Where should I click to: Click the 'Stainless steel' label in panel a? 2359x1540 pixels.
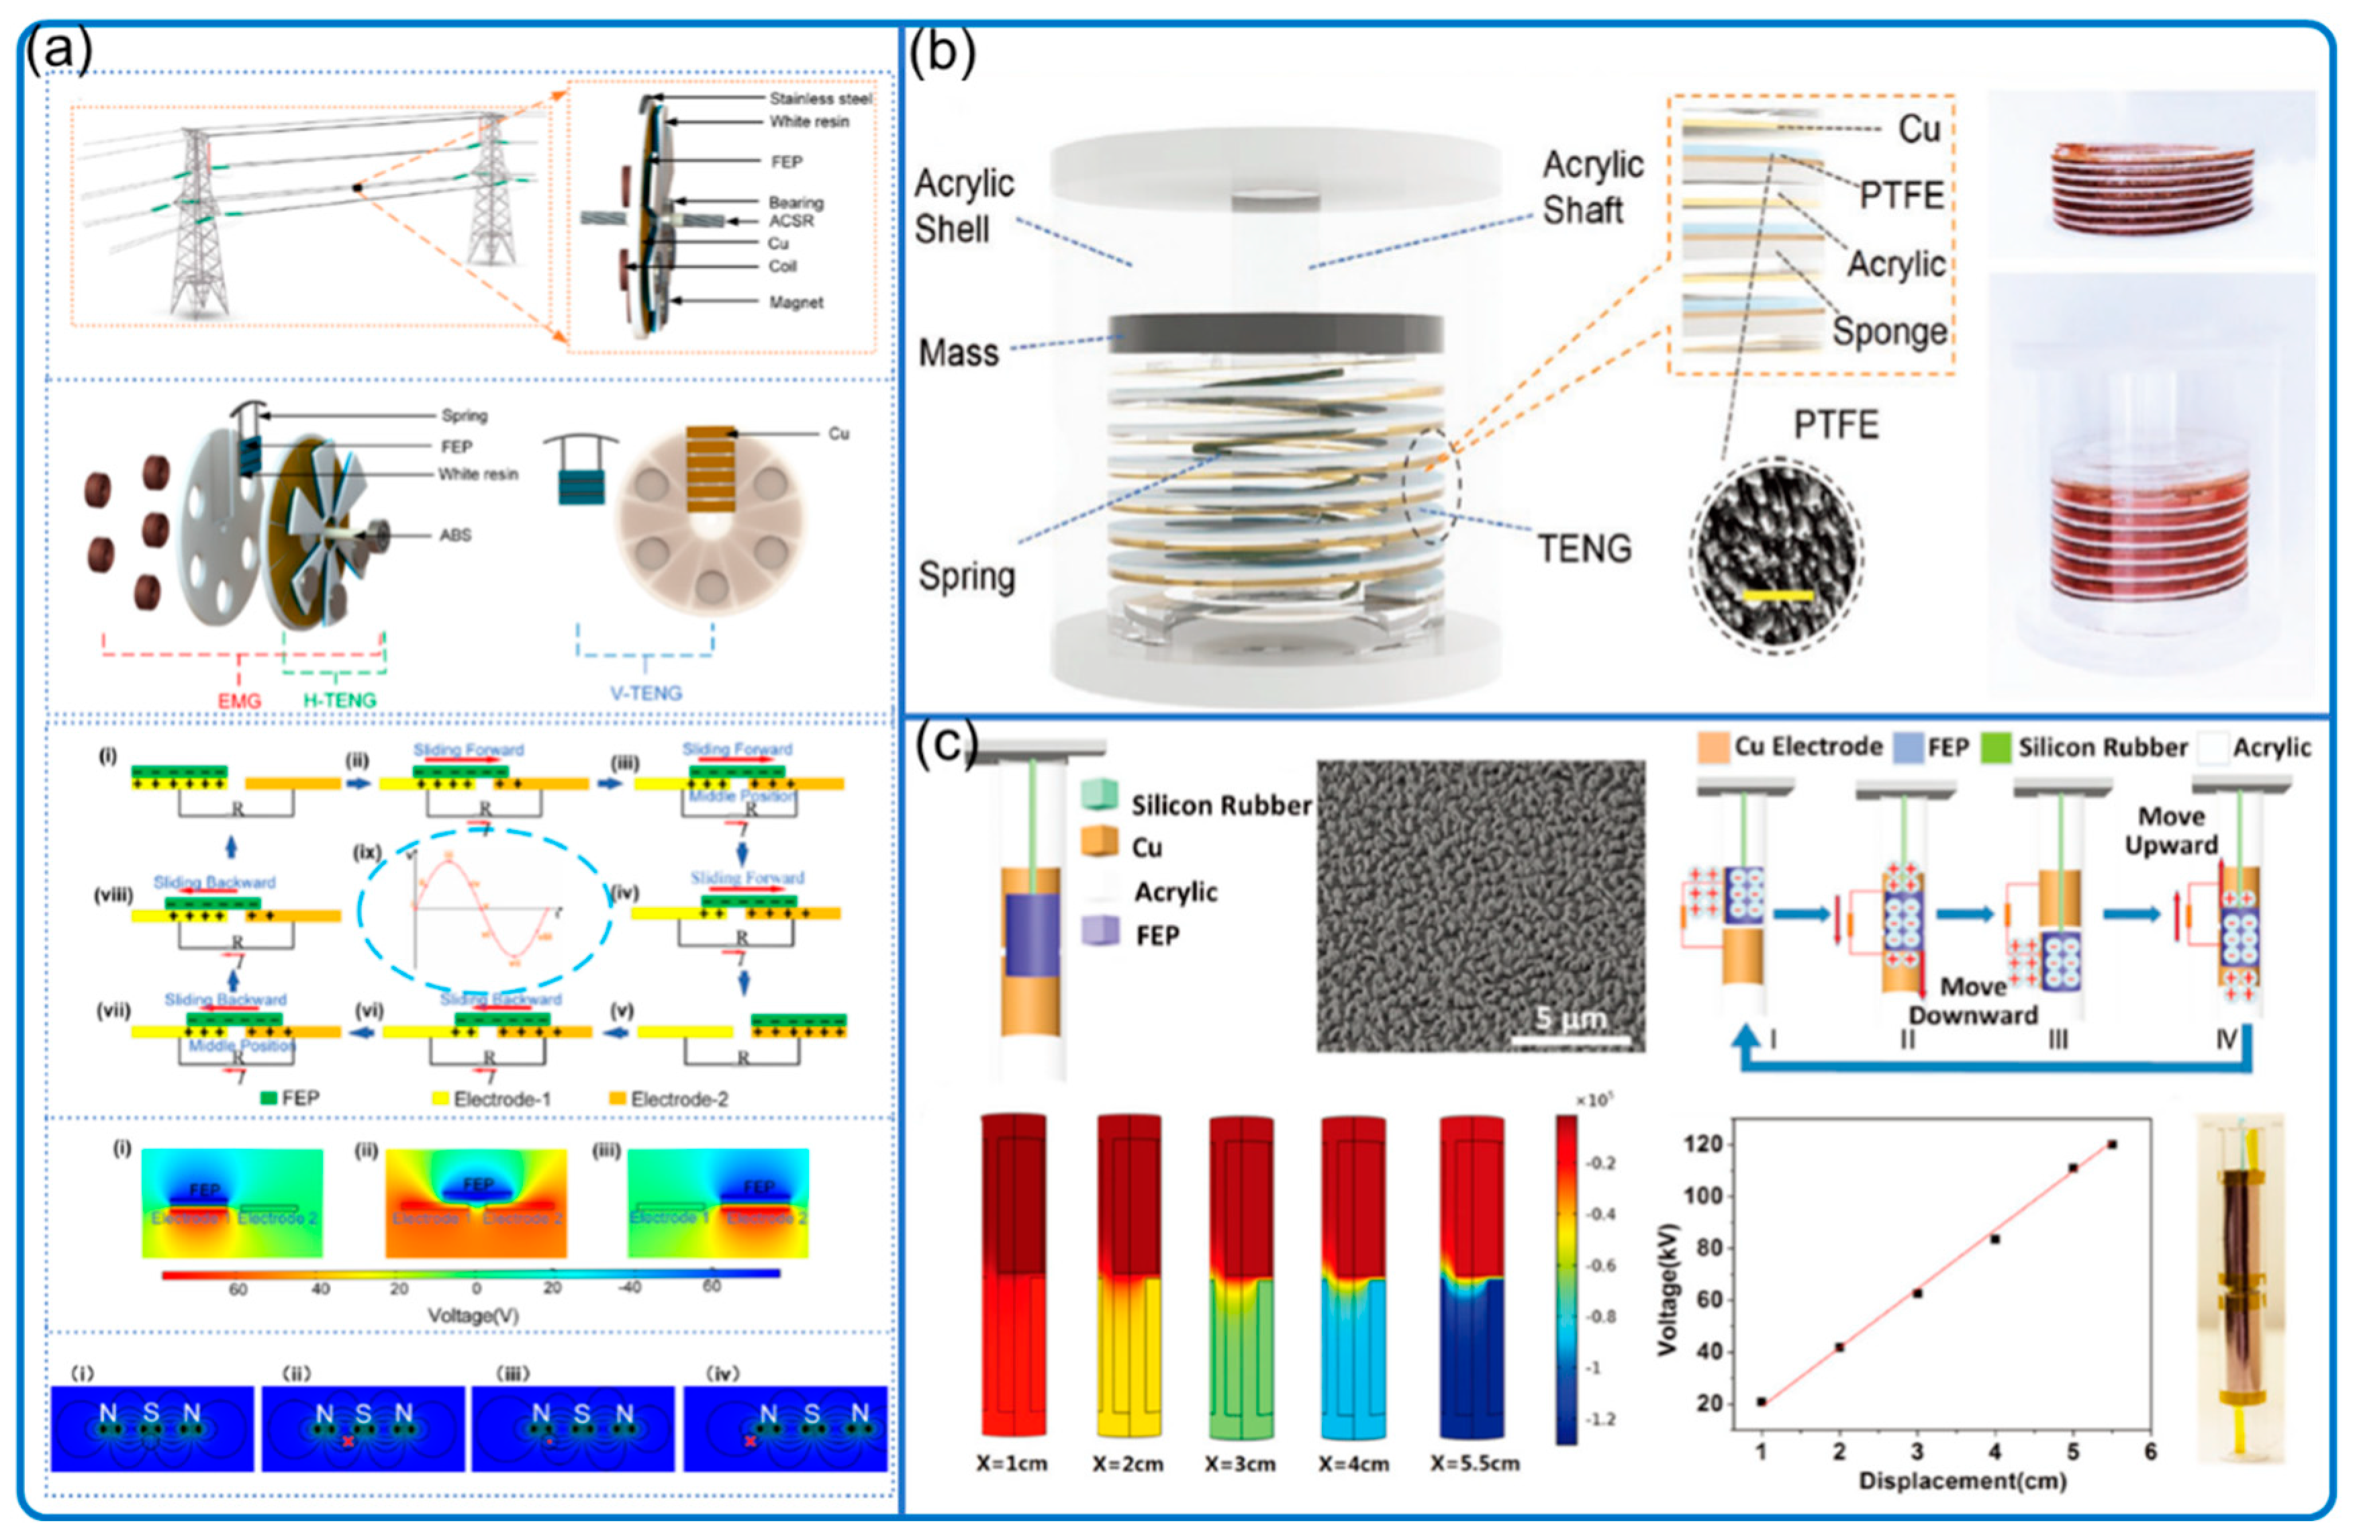pos(820,98)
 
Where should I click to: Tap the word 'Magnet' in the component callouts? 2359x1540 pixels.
pos(796,302)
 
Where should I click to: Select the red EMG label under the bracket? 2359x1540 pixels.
pos(239,701)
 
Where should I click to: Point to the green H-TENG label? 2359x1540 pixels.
pos(339,700)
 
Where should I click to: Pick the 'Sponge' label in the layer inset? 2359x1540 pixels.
pos(1889,331)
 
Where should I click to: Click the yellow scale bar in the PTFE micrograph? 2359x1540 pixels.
pos(1777,596)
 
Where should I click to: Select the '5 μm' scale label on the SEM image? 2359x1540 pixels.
pos(1570,1018)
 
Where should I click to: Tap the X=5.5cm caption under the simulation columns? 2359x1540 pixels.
pos(1474,1463)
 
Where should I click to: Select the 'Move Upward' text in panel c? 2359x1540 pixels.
pos(2170,831)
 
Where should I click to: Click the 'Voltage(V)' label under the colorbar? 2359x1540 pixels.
pos(473,1315)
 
